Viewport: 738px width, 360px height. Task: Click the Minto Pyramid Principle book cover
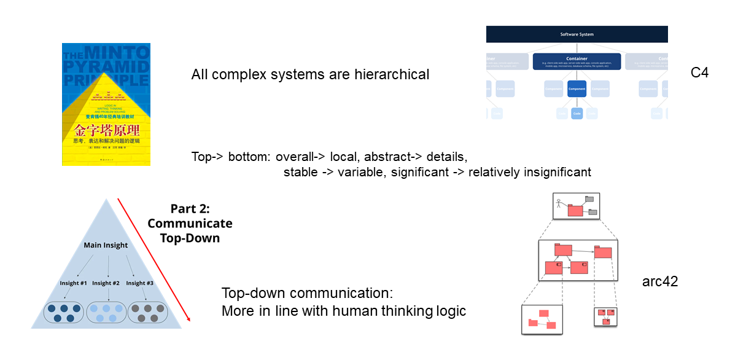[106, 104]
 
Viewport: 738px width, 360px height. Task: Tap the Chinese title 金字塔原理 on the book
[107, 130]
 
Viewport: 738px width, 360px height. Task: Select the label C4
[699, 72]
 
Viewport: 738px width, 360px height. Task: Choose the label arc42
[660, 282]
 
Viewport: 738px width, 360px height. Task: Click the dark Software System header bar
[577, 34]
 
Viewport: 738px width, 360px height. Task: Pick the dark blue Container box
[577, 61]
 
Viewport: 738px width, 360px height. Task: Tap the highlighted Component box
[577, 89]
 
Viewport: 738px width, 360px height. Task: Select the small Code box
[577, 113]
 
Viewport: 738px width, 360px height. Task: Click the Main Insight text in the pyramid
[106, 245]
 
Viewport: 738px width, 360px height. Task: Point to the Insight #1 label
[73, 283]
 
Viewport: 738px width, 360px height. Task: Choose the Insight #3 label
[139, 283]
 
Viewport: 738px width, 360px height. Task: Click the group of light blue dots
[106, 313]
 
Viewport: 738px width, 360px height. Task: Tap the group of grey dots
[146, 313]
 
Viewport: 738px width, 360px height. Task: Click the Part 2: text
[190, 209]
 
